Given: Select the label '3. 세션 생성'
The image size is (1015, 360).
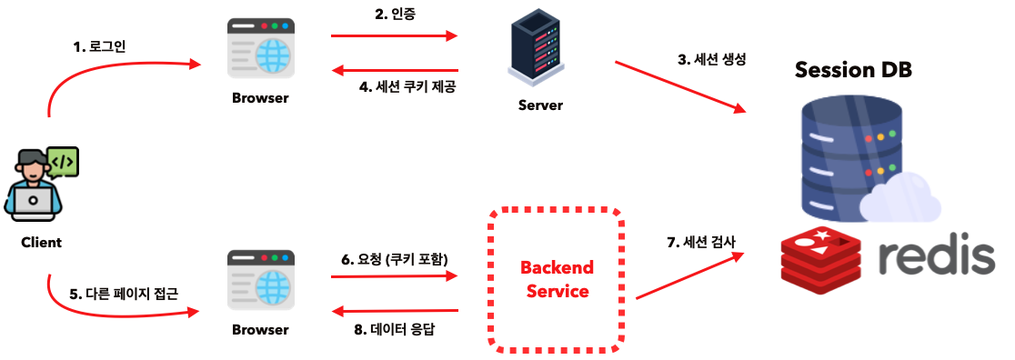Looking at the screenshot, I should pyautogui.click(x=712, y=60).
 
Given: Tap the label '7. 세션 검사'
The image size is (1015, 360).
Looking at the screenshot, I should pyautogui.click(x=701, y=242).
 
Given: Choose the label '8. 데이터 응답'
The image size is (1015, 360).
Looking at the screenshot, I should pyautogui.click(x=394, y=328).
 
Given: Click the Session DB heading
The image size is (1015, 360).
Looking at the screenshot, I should pyautogui.click(x=853, y=70).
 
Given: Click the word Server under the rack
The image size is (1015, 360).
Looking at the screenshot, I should pyautogui.click(x=540, y=105).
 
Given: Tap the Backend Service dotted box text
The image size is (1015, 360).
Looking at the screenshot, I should pyautogui.click(x=557, y=279).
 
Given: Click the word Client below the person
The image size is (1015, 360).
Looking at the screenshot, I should pyautogui.click(x=42, y=243).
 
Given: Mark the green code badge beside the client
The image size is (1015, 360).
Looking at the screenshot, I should pyautogui.click(x=63, y=162).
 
